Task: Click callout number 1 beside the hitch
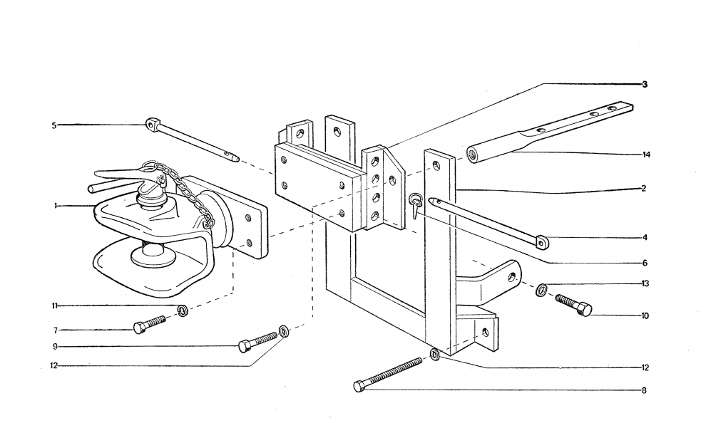(x=55, y=206)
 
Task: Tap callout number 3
(x=644, y=85)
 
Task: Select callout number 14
(x=646, y=155)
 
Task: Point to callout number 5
(x=53, y=125)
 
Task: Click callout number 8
(x=644, y=390)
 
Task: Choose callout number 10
(x=645, y=315)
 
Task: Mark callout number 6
(x=644, y=263)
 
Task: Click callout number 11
(x=54, y=306)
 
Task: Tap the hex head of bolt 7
(x=140, y=328)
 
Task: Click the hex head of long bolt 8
(x=359, y=386)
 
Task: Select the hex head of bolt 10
(x=583, y=310)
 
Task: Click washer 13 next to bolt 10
(x=542, y=289)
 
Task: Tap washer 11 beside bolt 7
(x=183, y=310)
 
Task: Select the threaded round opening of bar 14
(x=473, y=153)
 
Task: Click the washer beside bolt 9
(x=284, y=330)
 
